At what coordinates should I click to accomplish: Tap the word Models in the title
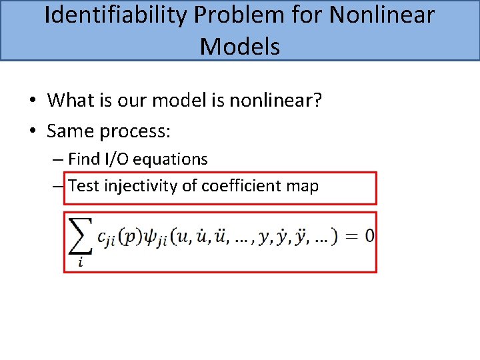240,47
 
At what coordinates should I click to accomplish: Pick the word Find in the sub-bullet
83,159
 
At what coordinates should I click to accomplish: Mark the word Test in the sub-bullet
83,185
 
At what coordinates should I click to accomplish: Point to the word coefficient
234,185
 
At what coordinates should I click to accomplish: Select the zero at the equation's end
369,235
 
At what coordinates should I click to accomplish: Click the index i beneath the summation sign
80,262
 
